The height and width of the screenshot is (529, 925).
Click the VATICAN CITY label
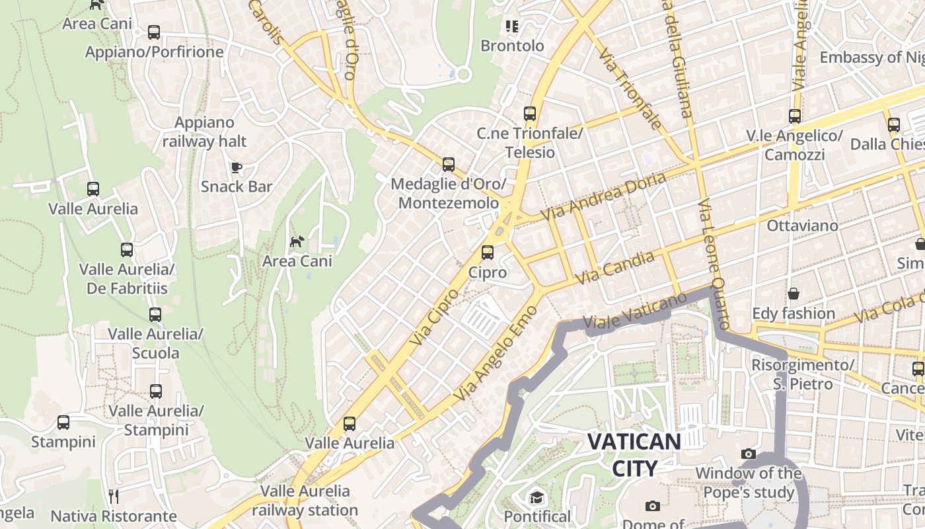(x=634, y=454)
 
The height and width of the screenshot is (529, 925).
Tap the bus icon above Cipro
(x=488, y=252)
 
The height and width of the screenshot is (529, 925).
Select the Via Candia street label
(x=614, y=268)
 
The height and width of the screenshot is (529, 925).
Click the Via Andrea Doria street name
(x=603, y=196)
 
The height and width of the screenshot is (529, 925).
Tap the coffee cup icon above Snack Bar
(x=236, y=167)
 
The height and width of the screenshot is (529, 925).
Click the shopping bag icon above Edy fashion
(x=793, y=293)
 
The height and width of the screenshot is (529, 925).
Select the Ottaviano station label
(x=802, y=225)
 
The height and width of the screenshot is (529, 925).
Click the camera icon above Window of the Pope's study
(x=748, y=454)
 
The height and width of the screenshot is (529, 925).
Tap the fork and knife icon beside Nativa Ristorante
(x=113, y=496)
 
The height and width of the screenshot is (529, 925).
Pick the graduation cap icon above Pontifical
(x=536, y=497)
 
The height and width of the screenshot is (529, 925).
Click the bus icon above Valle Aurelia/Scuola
(x=155, y=314)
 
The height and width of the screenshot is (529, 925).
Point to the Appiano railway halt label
(x=204, y=132)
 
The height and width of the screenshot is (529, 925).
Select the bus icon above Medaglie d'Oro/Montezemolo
(x=449, y=164)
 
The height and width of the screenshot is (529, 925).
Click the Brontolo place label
(x=512, y=46)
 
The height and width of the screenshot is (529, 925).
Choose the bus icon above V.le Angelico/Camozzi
(x=794, y=116)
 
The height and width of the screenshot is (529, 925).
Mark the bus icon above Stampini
(x=63, y=422)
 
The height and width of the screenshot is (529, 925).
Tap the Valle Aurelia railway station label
(x=305, y=501)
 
